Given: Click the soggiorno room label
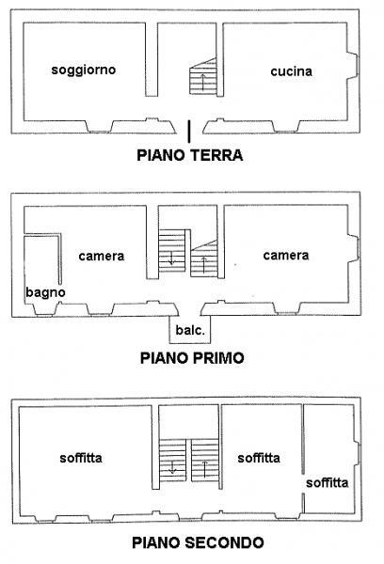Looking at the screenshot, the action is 84,70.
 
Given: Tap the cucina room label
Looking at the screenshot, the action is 292,71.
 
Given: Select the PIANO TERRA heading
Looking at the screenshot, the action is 190,155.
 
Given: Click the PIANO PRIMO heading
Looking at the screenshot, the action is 192,358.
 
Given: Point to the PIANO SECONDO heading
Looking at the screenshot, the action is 198,542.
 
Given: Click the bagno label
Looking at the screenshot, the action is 45,292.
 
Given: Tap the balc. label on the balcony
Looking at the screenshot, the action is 190,330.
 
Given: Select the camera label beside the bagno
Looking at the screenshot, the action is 102,256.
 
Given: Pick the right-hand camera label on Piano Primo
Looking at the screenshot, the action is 286,256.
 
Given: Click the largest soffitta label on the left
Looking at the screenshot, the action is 81,458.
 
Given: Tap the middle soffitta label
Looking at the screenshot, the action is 259,458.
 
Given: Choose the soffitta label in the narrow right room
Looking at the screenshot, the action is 328,483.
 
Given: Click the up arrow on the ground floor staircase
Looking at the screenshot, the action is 203,82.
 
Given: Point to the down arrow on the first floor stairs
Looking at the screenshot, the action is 172,258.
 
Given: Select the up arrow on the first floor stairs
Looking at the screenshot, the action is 204,265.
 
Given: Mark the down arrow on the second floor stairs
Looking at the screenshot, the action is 172,466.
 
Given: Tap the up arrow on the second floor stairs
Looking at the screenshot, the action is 204,469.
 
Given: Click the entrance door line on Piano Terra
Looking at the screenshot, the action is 189,132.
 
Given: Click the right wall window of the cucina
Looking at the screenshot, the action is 357,65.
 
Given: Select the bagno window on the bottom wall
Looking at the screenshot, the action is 45,316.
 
